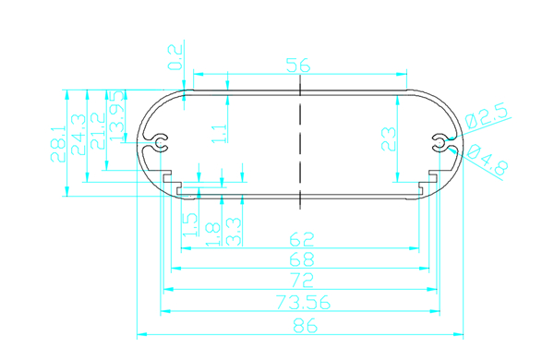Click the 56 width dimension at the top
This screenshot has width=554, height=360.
click(x=298, y=66)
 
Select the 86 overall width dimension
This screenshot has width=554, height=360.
click(x=306, y=326)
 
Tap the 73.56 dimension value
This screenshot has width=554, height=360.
click(x=303, y=303)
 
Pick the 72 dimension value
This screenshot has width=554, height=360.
click(x=302, y=280)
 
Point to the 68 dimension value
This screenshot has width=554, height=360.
click(x=302, y=259)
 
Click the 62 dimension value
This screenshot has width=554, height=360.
click(x=302, y=239)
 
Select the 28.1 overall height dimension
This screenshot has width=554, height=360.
click(x=58, y=144)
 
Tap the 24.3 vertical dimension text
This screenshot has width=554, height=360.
click(x=78, y=135)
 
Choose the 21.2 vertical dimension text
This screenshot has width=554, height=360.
click(x=98, y=131)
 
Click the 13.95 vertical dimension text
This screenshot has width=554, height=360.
click(x=117, y=116)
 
